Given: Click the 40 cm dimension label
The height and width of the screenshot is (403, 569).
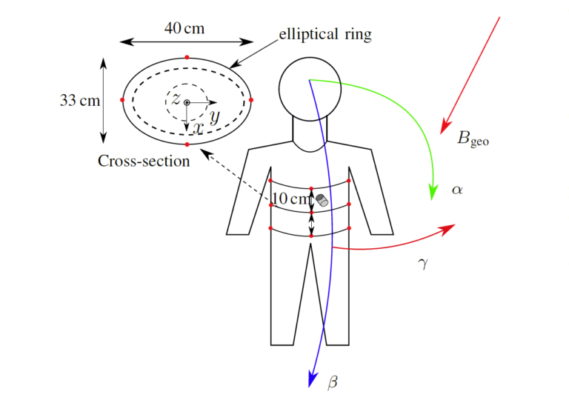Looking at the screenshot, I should tap(184, 28).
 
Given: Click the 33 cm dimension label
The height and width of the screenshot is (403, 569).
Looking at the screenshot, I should tap(79, 100).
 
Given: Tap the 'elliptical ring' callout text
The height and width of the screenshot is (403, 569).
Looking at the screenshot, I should tap(325, 34).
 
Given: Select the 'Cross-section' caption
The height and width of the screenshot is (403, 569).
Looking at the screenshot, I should tap(144, 161).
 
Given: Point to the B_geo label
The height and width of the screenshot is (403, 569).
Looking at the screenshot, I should tap(473, 138).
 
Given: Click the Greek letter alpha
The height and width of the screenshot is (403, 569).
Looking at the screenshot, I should tap(457, 190).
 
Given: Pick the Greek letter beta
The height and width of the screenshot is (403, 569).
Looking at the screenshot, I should tap(332, 382).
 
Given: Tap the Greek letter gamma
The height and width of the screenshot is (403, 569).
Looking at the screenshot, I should tap(423, 263).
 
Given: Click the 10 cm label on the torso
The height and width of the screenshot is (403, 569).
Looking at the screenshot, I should tap(292, 199).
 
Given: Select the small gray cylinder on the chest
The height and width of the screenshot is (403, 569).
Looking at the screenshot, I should tap(322, 200).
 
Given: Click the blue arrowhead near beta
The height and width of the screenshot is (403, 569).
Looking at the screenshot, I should tap(313, 379).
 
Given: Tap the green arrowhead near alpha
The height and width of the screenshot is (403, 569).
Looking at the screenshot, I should tap(433, 194).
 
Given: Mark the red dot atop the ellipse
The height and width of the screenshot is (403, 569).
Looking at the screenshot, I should tap(187, 57).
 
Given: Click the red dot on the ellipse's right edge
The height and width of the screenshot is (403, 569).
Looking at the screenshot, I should tap(251, 99).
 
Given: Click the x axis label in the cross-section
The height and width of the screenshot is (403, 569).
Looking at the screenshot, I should tap(197, 128).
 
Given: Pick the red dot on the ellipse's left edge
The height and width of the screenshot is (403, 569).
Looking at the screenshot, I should tap(123, 99).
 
